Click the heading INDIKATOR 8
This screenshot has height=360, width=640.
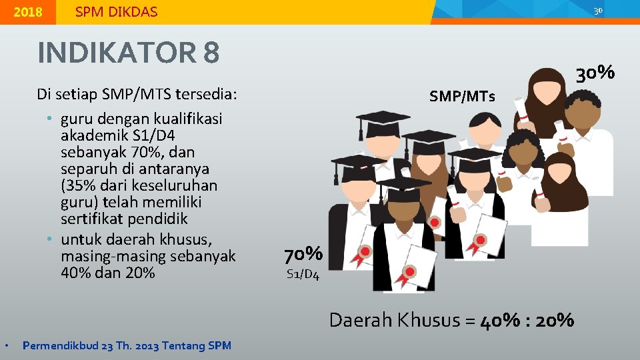point(128,53)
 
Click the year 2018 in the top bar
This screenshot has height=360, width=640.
point(27,12)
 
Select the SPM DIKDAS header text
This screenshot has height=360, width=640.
point(116,12)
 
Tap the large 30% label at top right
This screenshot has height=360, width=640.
point(595,72)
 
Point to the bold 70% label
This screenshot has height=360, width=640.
point(303,254)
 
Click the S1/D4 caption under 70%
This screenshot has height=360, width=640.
point(303,274)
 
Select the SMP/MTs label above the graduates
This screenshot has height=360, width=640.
point(462,97)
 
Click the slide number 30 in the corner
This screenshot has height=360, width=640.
point(598,10)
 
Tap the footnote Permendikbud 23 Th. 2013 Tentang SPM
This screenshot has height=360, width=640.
point(127,345)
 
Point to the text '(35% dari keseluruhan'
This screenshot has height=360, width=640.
point(139,185)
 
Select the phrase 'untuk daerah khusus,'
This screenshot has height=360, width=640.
point(136,239)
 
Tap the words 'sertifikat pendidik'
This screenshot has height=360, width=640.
point(123,219)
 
